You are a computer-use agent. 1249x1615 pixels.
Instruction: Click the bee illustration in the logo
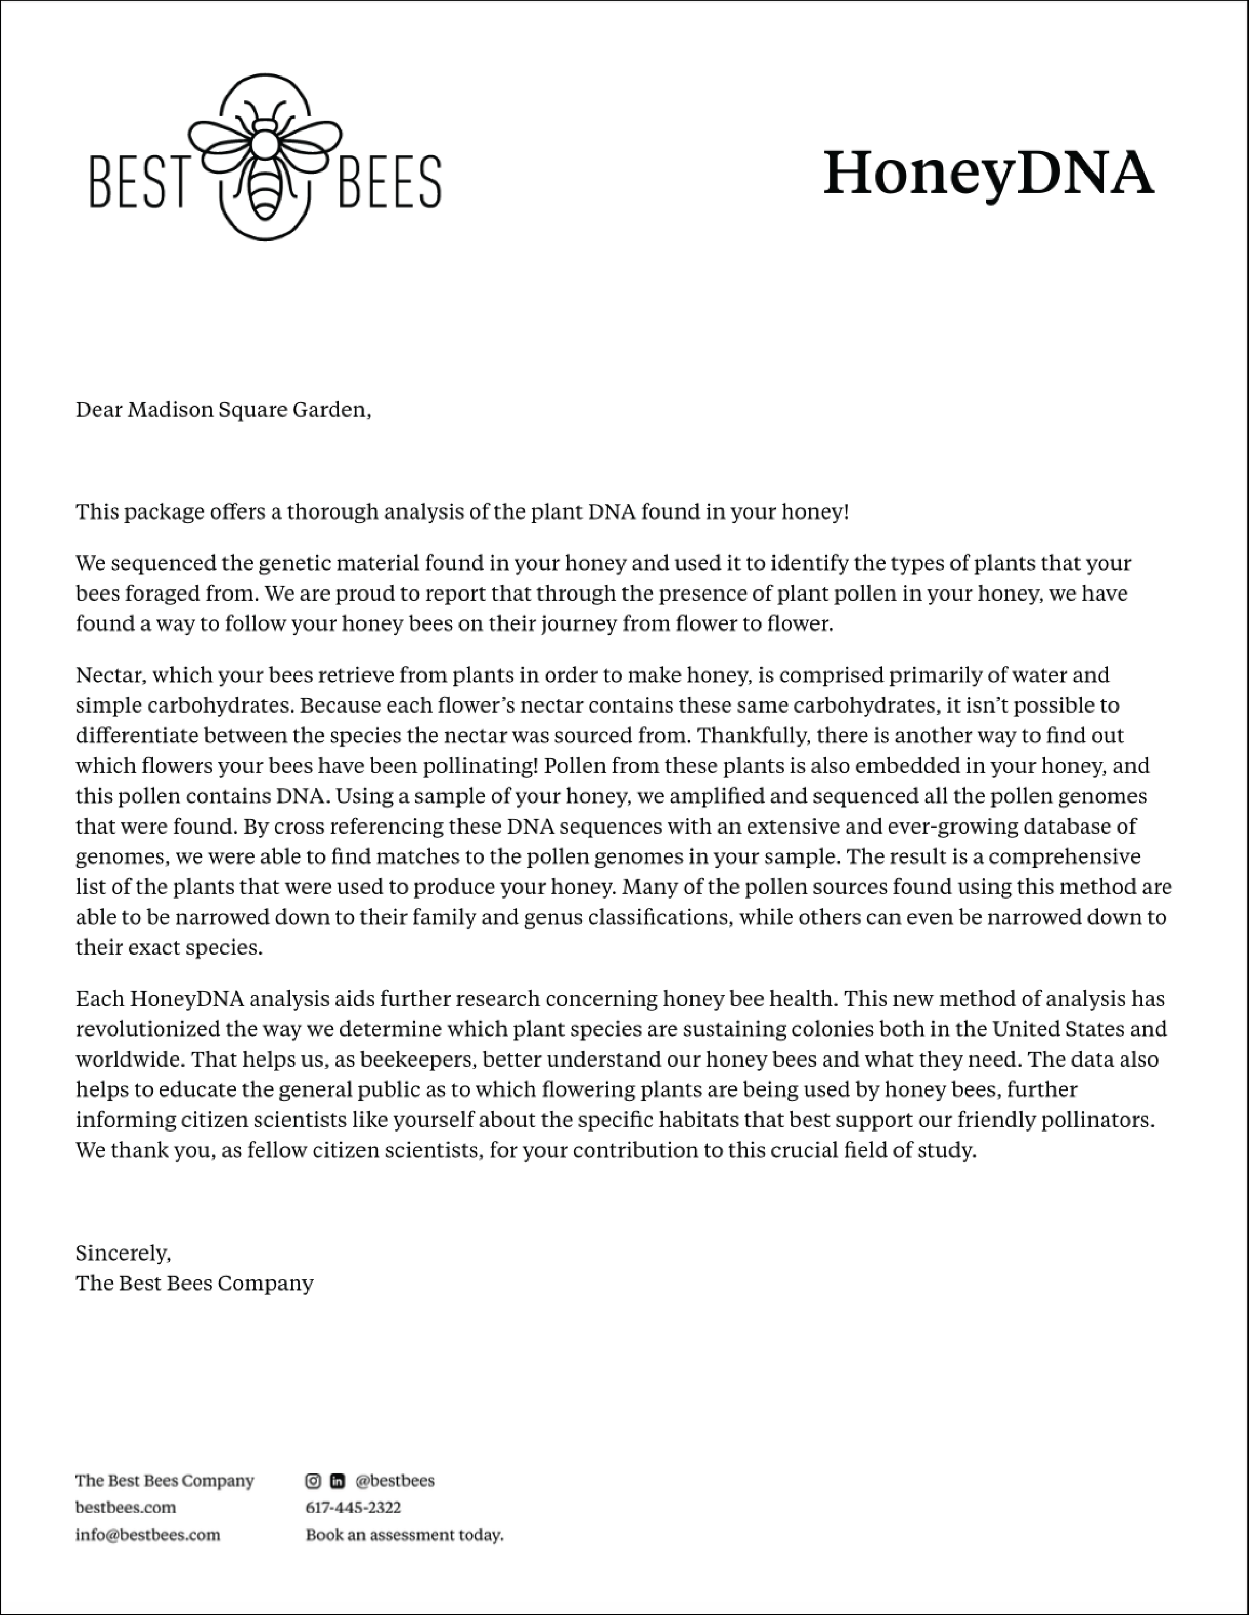265,157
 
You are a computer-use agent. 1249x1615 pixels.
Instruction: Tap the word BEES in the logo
389,181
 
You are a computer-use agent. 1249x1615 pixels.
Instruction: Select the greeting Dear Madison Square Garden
222,410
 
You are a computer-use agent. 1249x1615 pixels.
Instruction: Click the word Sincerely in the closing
123,1253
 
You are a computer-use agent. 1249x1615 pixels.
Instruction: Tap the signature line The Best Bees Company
194,1283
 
